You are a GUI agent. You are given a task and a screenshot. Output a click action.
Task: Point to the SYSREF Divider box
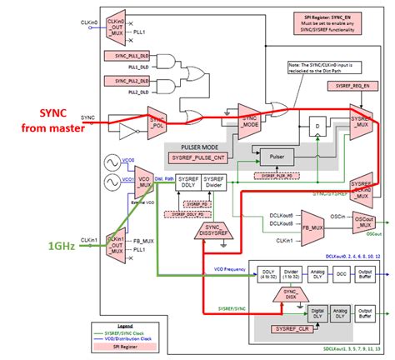pos(213,187)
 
